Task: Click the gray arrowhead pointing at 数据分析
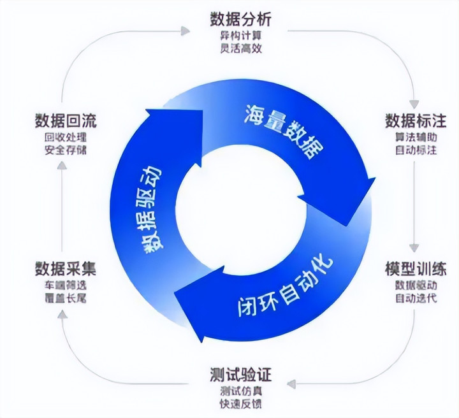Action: (x=186, y=29)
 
